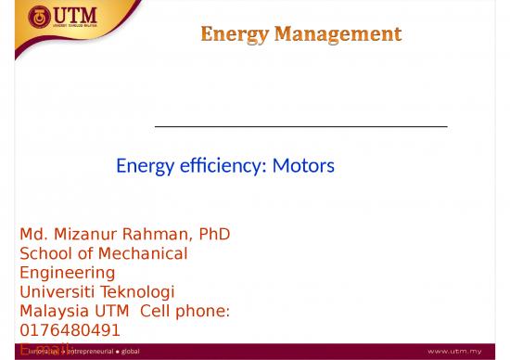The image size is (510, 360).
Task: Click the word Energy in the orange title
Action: click(x=235, y=35)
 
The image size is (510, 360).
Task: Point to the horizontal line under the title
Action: click(x=300, y=125)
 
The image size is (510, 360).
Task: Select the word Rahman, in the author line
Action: click(x=154, y=235)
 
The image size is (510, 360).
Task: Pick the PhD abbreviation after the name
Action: click(x=211, y=235)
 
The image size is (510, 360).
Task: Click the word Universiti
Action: click(x=58, y=291)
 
